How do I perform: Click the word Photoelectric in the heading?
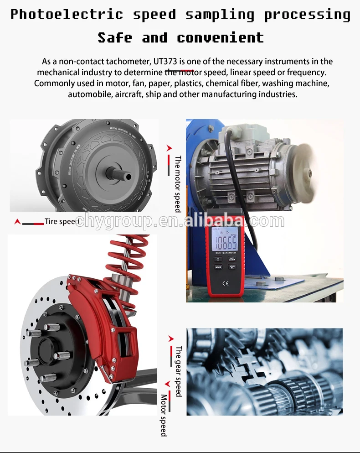pyautogui.click(x=67, y=15)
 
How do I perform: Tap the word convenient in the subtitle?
pyautogui.click(x=220, y=37)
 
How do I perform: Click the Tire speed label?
pyautogui.click(x=62, y=222)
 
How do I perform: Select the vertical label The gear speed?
pyautogui.click(x=178, y=371)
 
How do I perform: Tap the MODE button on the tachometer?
pyautogui.click(x=218, y=267)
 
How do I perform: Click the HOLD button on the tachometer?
pyautogui.click(x=232, y=266)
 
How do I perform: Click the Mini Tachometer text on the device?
pyautogui.click(x=226, y=253)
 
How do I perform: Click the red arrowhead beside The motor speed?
pyautogui.click(x=169, y=148)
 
